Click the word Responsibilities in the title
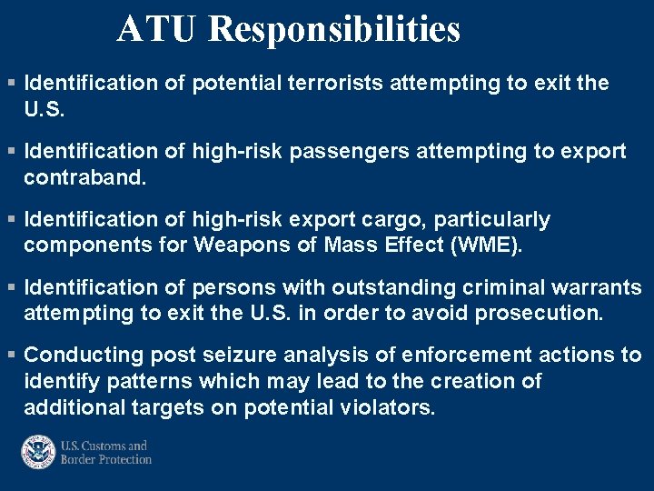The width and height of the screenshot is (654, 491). (334, 29)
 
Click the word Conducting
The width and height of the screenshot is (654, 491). (80, 356)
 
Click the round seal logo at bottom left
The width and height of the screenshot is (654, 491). (38, 452)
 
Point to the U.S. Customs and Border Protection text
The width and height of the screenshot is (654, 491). (105, 452)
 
